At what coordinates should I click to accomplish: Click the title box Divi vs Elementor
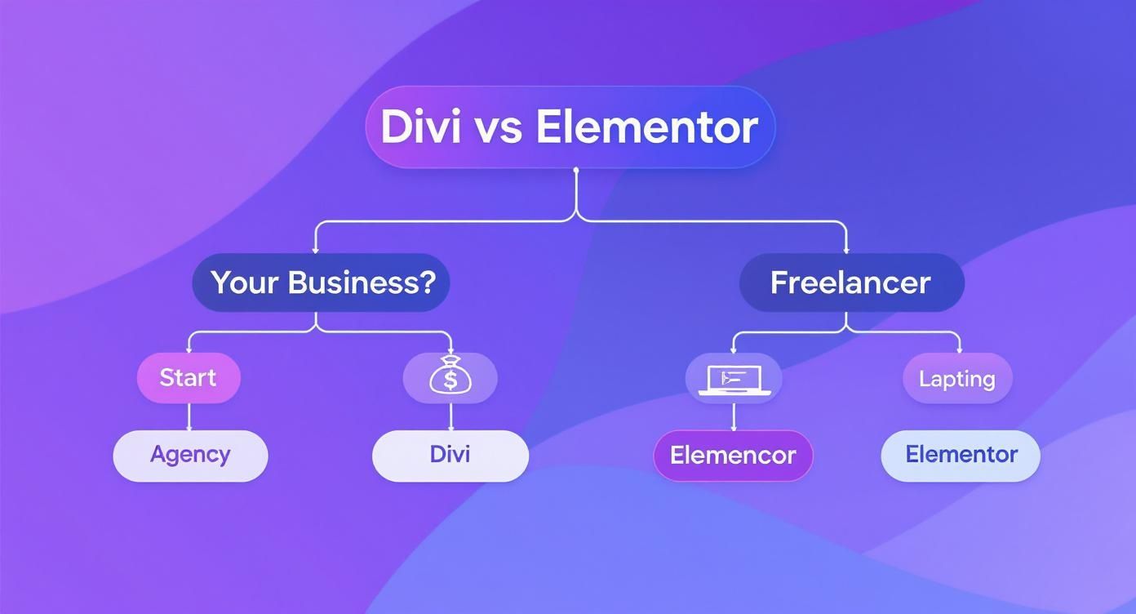[x=570, y=127]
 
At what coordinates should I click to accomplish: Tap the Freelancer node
[x=851, y=283]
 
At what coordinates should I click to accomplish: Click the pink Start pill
[x=189, y=378]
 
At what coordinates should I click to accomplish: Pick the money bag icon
[x=450, y=377]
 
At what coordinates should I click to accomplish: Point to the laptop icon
[x=734, y=380]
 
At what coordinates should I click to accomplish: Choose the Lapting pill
[x=957, y=379]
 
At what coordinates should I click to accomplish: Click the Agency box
[x=190, y=455]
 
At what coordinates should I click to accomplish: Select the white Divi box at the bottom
[x=450, y=455]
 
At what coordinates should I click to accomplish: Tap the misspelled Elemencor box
[x=733, y=456]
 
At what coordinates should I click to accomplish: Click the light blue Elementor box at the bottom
[x=961, y=455]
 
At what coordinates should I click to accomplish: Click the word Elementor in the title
[x=647, y=127]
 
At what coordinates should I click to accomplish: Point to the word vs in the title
[x=498, y=128]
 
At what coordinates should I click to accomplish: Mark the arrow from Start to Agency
[x=189, y=417]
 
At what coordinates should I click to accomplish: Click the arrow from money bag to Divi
[x=450, y=417]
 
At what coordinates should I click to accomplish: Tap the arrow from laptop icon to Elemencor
[x=734, y=417]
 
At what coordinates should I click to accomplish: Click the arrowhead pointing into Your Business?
[x=316, y=248]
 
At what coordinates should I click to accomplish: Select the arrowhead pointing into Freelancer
[x=846, y=248]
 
